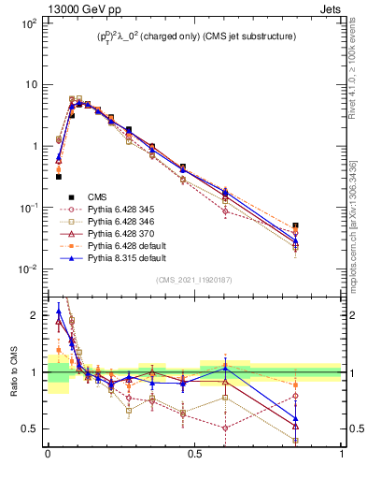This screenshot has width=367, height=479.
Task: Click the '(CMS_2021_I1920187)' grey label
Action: (x=194, y=280)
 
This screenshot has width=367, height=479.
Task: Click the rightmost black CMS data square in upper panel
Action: (x=322, y=226)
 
